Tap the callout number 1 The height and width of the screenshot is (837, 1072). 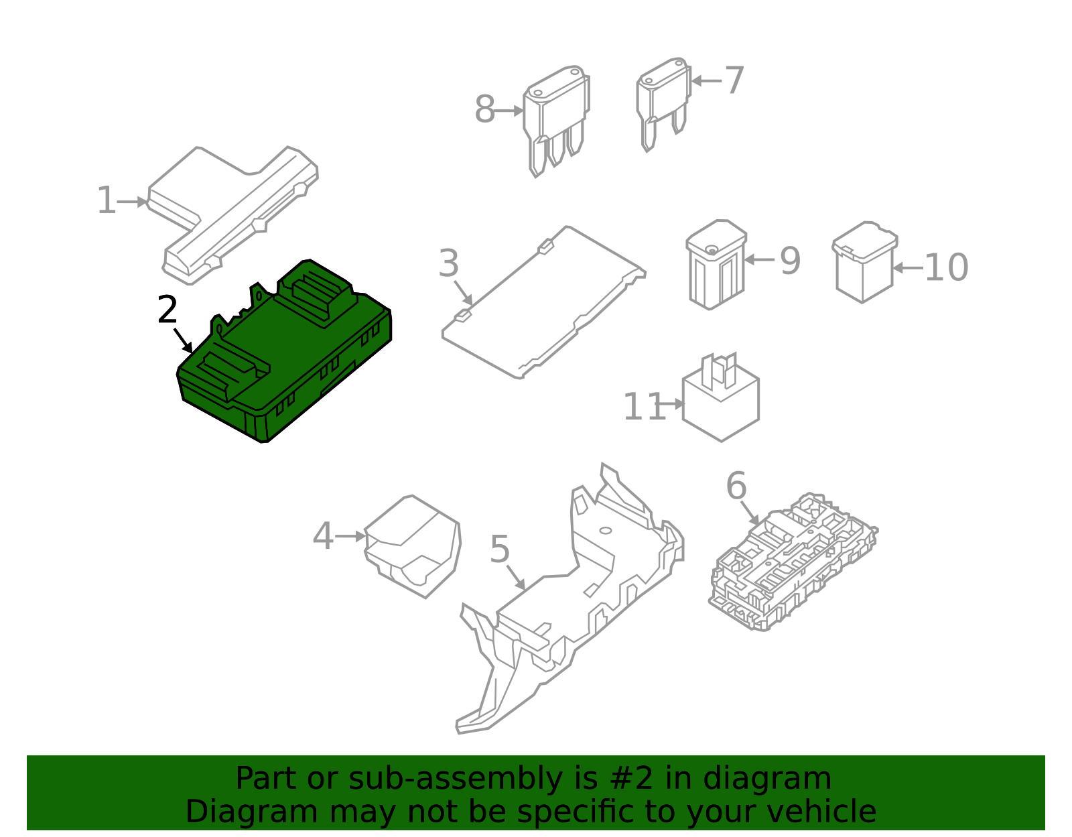107,201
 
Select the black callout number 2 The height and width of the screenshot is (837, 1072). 167,310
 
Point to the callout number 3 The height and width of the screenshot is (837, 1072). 449,263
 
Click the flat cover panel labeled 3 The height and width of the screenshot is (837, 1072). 543,302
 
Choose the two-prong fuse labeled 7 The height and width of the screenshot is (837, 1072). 663,101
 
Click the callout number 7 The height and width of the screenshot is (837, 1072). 734,81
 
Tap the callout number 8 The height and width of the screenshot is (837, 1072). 484,110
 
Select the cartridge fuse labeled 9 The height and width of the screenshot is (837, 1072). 716,265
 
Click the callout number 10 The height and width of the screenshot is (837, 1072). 946,268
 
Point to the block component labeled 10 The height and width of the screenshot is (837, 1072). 864,263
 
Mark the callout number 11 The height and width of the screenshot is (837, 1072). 644,407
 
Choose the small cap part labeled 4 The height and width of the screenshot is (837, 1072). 412,546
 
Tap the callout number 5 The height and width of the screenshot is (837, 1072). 500,550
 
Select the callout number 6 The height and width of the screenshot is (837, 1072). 736,486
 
